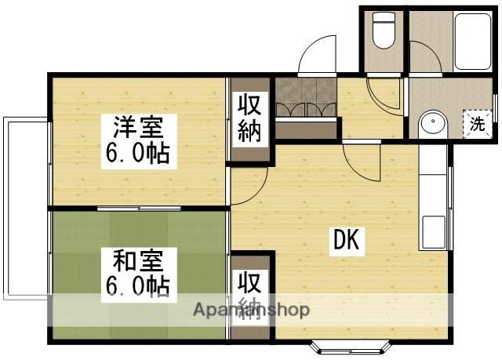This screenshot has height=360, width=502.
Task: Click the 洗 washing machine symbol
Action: click(477, 122)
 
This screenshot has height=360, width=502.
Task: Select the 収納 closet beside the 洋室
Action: click(251, 118)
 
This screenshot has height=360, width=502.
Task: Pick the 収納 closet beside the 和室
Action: click(251, 295)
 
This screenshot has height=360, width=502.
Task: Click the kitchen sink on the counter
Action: click(434, 231)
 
